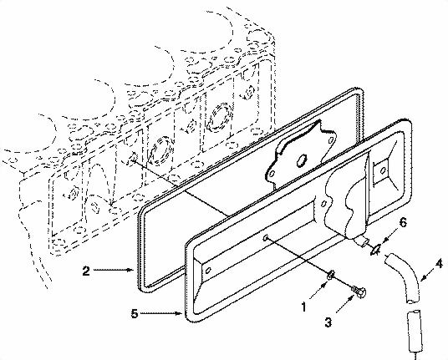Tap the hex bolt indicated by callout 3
coord(358,289)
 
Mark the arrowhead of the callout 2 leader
coord(132,271)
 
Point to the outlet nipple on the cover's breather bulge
coord(364,241)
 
